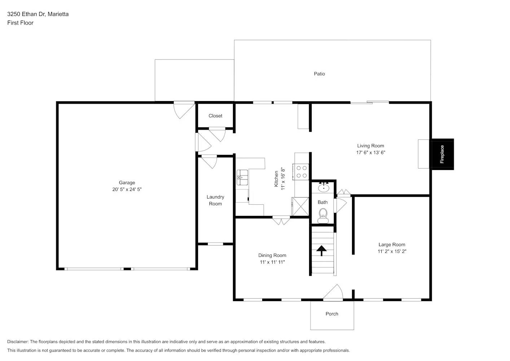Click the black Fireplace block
tap(442, 154)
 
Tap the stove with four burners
tap(301, 172)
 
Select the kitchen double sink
tap(242, 177)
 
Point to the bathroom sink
tap(324, 187)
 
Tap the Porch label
tap(332, 314)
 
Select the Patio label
tap(319, 74)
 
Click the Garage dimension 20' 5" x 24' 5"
tap(127, 189)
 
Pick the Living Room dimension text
tap(370, 152)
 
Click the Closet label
tap(215, 116)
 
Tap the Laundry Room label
tap(215, 200)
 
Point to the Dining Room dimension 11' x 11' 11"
tap(272, 262)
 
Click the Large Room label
tap(392, 244)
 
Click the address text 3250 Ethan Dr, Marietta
tap(38, 14)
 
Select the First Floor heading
tap(20, 23)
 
